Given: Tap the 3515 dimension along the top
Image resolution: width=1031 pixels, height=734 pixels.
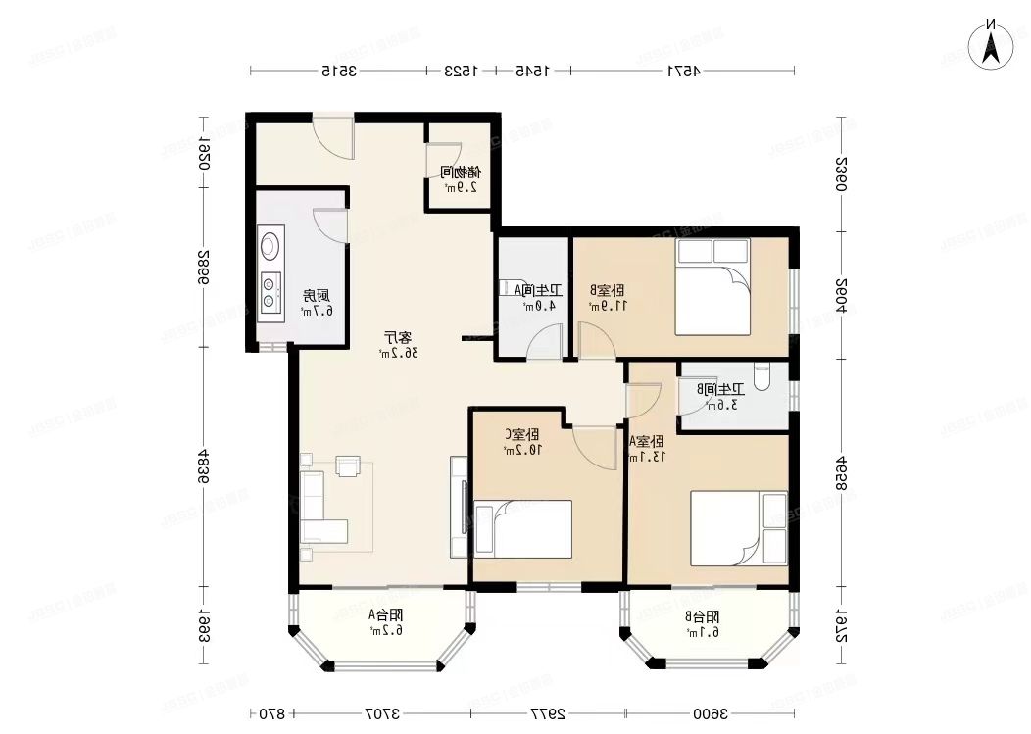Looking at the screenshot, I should coord(337,71).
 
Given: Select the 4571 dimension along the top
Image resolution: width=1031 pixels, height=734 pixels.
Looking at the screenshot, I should coord(682,71).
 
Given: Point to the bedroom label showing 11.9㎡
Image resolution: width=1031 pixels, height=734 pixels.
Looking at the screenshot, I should coord(608,298).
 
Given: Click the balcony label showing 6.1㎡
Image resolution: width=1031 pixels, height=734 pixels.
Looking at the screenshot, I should coord(703,624).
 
